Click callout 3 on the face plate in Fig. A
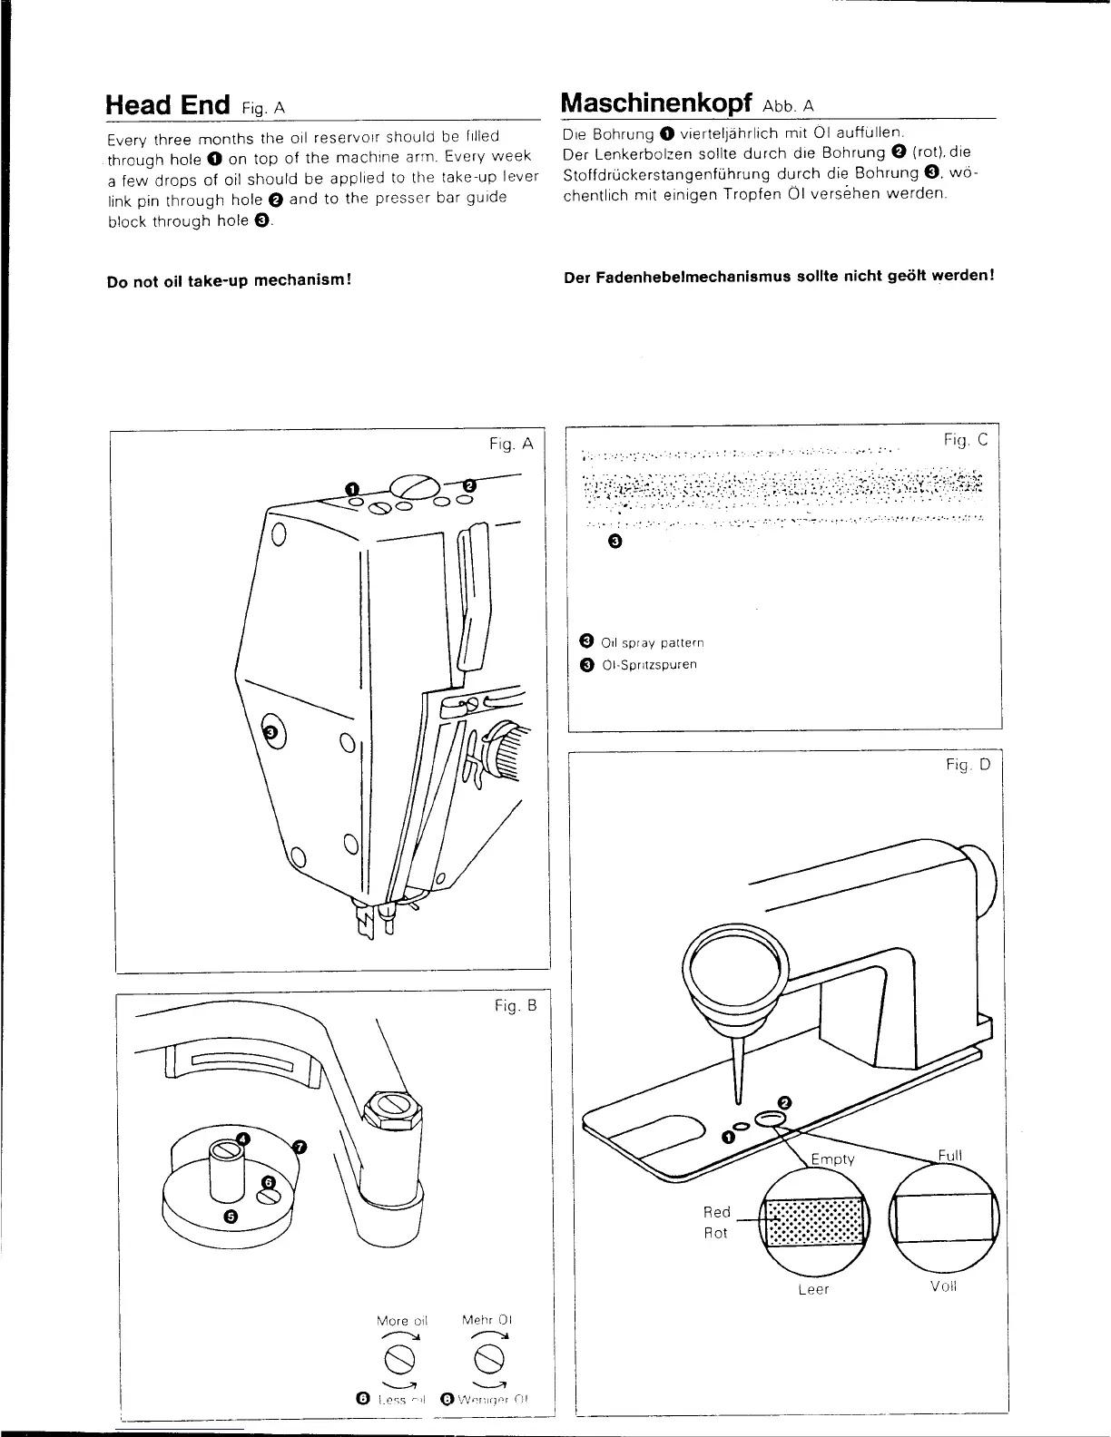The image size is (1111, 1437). (x=269, y=728)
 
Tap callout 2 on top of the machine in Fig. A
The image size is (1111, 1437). (x=470, y=484)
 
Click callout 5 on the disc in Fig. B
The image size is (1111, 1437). (x=231, y=1217)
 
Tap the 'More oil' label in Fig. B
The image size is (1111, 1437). (x=401, y=1320)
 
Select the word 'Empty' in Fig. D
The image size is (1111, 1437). (x=831, y=1158)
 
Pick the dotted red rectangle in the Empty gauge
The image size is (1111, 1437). (x=813, y=1220)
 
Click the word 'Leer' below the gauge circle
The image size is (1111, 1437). (x=813, y=1289)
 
